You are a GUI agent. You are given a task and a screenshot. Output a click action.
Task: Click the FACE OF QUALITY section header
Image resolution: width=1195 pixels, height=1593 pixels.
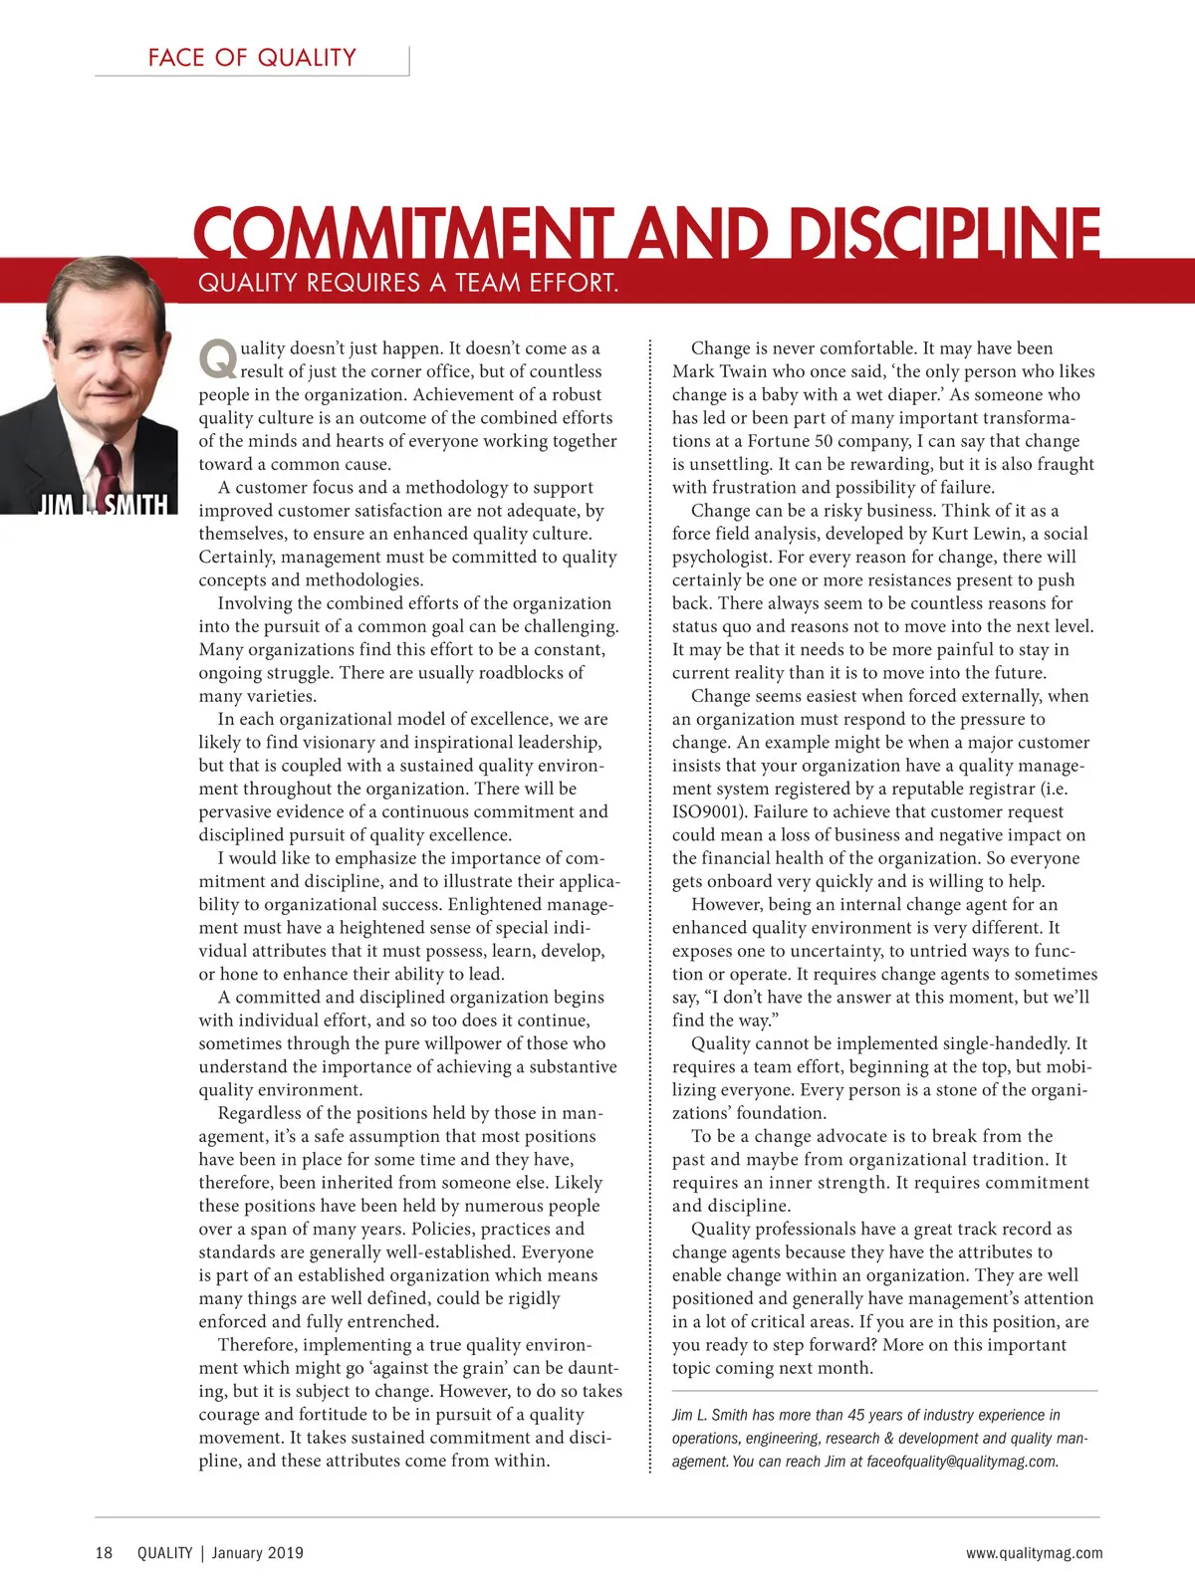[x=252, y=58]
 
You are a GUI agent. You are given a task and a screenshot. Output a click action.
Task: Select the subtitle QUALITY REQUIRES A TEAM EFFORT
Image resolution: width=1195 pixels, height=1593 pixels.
[x=408, y=283]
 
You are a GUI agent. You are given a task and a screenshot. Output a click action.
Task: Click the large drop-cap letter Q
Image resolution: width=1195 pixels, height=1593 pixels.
[x=217, y=359]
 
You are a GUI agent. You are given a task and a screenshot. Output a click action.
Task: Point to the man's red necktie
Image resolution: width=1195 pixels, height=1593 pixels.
[x=108, y=468]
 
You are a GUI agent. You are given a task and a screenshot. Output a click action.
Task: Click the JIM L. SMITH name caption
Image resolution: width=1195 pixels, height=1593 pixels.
[x=102, y=505]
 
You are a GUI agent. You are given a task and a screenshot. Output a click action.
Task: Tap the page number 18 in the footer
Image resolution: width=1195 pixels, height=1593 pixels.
[x=105, y=1553]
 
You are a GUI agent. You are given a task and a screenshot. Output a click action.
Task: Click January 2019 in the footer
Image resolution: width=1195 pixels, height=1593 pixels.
[x=257, y=1553]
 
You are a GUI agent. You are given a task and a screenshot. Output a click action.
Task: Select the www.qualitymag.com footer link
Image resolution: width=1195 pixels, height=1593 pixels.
[x=1034, y=1553]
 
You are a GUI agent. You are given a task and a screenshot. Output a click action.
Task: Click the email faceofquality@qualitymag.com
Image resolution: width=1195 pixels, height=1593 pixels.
[x=962, y=1462]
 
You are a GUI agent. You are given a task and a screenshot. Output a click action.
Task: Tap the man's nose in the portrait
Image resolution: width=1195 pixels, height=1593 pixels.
[x=110, y=346]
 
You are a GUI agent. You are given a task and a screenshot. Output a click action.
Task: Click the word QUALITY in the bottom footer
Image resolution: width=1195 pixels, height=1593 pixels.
[x=164, y=1553]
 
